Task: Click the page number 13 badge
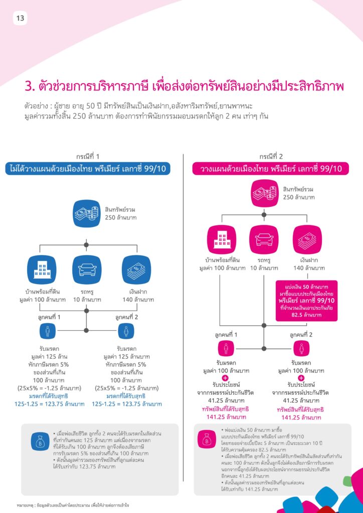click(x=20, y=19)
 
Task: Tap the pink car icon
click(x=264, y=240)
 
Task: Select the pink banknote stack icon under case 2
click(x=307, y=240)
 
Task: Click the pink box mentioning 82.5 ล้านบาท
click(x=307, y=300)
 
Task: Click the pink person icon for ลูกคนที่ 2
click(x=301, y=349)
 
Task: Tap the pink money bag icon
click(x=206, y=440)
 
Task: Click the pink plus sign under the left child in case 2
click(x=226, y=379)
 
